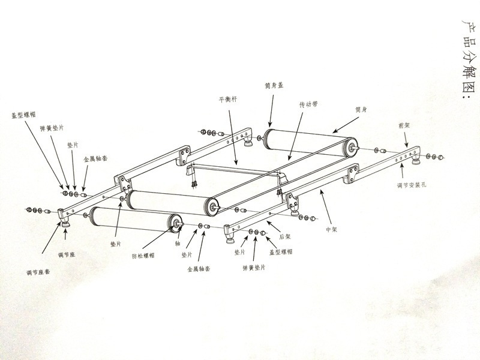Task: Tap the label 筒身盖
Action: coord(273,86)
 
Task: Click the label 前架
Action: coord(403,126)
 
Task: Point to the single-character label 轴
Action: coord(178,245)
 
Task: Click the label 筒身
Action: coord(361,110)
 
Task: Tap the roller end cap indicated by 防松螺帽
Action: coord(176,223)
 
